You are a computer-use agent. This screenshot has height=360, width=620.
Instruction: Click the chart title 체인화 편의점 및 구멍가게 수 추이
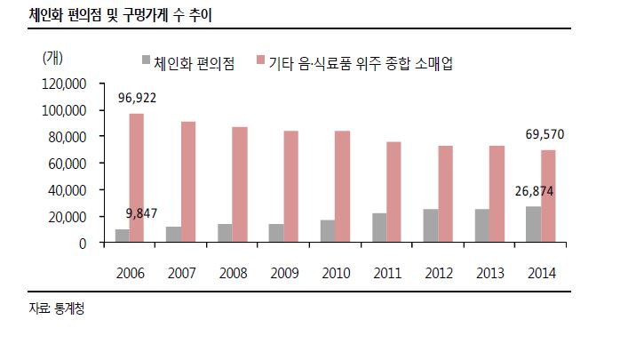tap(121, 15)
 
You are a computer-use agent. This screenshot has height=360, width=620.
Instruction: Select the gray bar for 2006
tap(122, 236)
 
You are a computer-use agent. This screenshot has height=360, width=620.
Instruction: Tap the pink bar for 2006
tap(137, 178)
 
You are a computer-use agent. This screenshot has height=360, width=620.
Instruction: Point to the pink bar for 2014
tap(547, 196)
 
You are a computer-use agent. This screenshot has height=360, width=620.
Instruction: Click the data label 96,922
tap(137, 99)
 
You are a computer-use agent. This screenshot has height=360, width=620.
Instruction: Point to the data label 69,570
tap(545, 134)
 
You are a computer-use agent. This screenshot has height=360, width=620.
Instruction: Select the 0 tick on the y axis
tap(82, 243)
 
